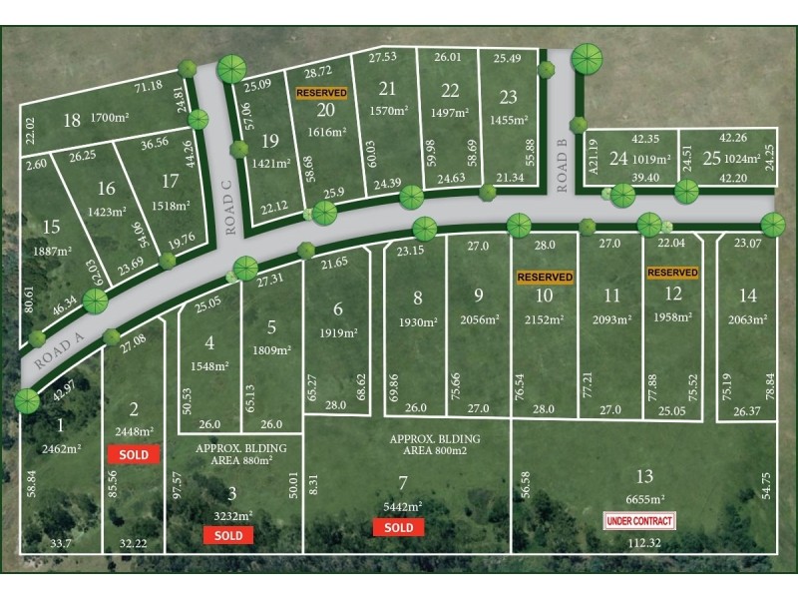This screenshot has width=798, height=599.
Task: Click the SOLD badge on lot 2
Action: (x=134, y=454)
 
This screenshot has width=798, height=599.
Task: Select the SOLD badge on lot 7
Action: (x=398, y=527)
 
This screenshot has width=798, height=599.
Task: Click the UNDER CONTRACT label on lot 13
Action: (x=640, y=520)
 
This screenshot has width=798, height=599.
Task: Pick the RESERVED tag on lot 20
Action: (x=321, y=92)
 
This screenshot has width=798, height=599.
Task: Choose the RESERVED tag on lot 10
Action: (x=544, y=277)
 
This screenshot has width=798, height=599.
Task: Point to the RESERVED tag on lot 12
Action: (x=671, y=272)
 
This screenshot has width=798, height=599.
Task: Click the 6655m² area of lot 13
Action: (x=645, y=499)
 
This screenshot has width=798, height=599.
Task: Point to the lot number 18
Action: (x=71, y=121)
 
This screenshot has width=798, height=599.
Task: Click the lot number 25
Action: (x=712, y=158)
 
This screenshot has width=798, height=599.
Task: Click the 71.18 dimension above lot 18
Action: (x=148, y=86)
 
